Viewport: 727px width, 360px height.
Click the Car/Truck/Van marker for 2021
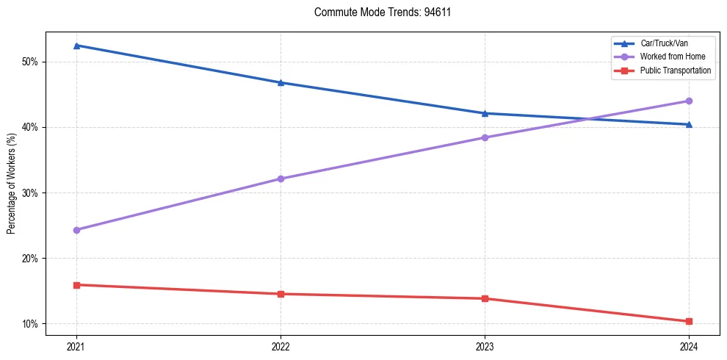(76, 46)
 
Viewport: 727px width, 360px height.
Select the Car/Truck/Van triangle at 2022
(281, 82)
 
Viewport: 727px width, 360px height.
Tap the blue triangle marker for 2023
(485, 113)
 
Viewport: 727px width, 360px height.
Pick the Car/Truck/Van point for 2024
(689, 124)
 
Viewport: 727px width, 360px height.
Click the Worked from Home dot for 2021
(76, 230)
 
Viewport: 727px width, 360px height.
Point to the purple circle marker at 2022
(281, 179)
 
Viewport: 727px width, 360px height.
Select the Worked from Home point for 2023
(485, 137)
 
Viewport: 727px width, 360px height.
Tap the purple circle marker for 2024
(689, 101)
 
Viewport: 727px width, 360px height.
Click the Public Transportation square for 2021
(76, 284)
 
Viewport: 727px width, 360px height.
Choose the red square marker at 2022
(281, 294)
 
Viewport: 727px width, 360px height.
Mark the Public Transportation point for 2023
(485, 298)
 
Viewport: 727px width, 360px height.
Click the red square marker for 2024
(689, 321)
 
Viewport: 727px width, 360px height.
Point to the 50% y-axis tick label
(30, 62)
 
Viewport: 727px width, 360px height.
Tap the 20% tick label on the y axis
(30, 259)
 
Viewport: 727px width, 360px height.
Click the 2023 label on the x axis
(485, 345)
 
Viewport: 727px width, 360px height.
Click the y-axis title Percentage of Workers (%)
(12, 184)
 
